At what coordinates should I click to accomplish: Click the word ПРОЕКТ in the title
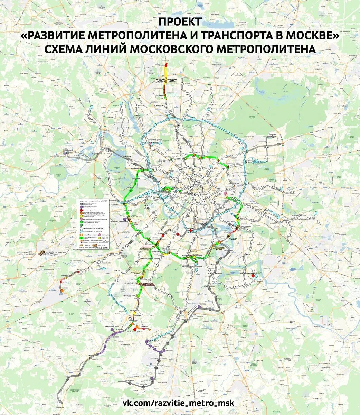tap(180, 22)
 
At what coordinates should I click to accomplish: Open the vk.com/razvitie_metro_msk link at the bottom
tap(178, 403)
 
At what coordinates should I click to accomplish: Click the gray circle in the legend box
tap(81, 204)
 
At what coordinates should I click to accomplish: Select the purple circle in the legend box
tap(81, 207)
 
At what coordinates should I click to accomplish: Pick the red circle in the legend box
tap(81, 210)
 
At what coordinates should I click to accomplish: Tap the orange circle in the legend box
tap(81, 213)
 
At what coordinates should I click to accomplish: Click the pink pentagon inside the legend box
tap(100, 235)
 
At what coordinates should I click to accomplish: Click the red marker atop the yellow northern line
tap(166, 65)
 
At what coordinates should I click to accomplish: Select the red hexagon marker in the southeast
tap(253, 276)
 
